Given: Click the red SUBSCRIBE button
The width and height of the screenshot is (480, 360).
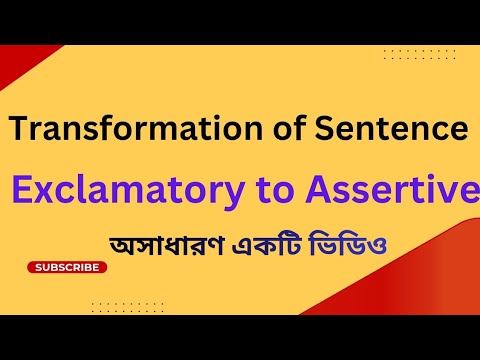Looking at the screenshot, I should coord(67,267).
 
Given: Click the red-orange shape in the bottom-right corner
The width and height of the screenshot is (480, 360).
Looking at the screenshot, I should coord(450,290).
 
